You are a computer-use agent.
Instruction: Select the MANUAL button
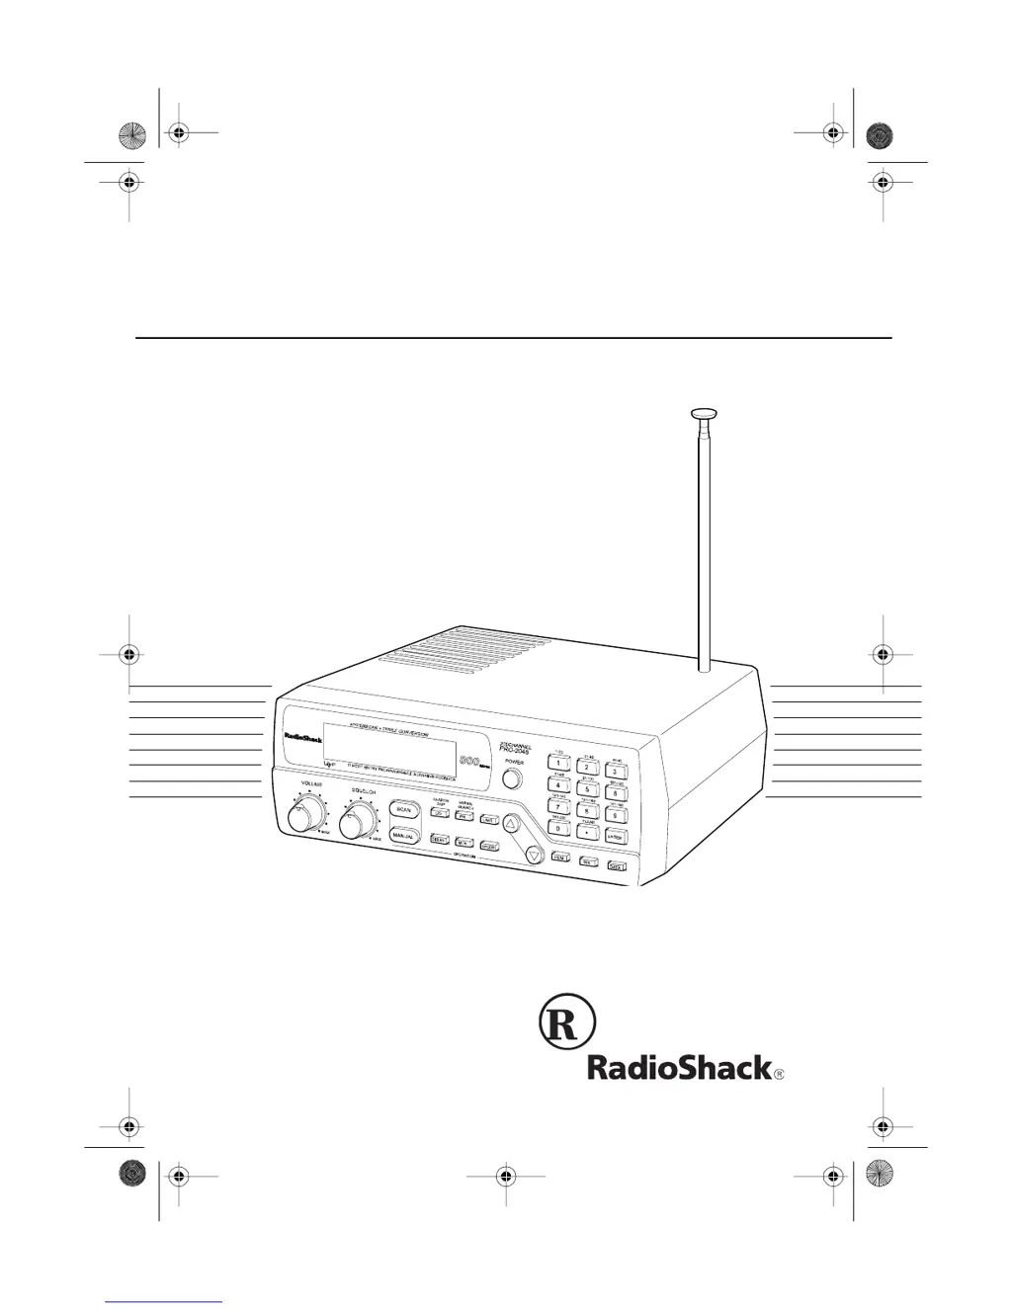[403, 836]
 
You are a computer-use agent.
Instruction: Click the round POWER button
[511, 778]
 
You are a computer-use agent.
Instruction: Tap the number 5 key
[587, 789]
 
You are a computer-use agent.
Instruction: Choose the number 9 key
[615, 815]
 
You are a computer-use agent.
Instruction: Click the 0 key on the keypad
[558, 830]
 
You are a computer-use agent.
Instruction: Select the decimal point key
[587, 833]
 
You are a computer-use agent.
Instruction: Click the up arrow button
[511, 824]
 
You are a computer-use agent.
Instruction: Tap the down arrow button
[534, 855]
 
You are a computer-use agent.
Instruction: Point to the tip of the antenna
[704, 414]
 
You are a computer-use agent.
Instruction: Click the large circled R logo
[566, 1024]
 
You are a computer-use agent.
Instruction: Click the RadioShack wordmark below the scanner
[680, 1068]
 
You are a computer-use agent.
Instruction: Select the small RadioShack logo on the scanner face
[303, 737]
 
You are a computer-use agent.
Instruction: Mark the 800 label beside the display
[469, 761]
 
